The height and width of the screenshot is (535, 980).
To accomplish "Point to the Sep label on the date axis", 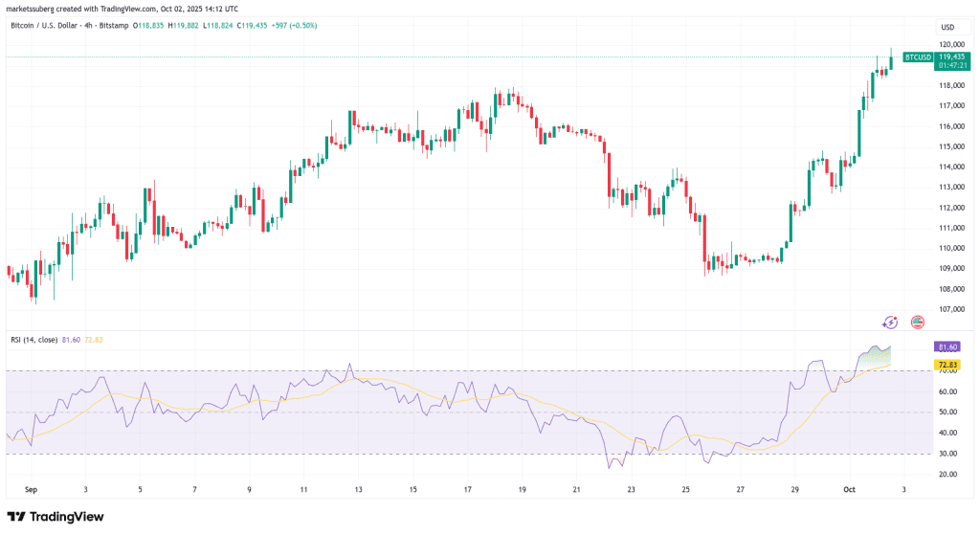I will click(30, 488).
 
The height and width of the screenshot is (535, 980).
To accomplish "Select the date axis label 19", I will click(523, 488).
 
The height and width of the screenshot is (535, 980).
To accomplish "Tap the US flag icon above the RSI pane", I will click(917, 323).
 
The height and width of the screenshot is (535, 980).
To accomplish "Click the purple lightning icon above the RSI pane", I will click(891, 323).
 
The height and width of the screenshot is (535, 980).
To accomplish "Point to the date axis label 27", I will click(741, 488).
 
